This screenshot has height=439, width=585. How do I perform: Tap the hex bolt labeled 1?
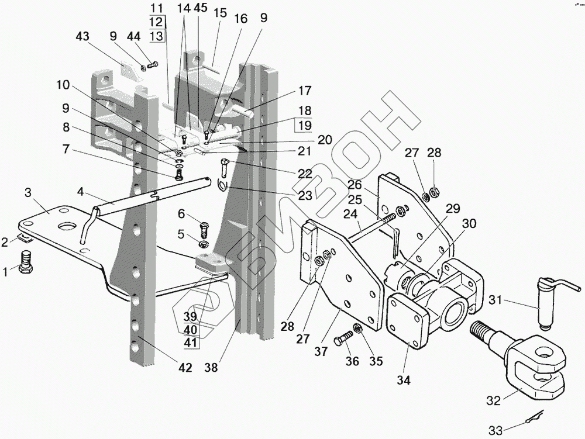26,262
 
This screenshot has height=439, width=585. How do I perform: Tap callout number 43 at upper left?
83,36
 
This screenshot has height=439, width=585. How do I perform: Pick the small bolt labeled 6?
204,226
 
